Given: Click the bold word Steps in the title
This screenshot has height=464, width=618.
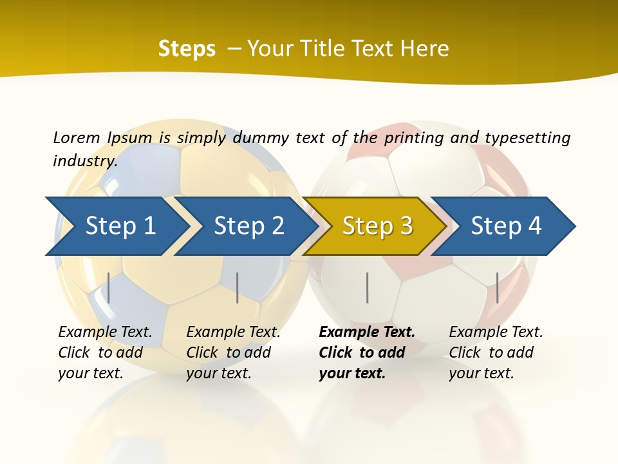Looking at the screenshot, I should point(187,49).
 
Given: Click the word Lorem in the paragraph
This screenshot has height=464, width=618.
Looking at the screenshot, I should point(77,137).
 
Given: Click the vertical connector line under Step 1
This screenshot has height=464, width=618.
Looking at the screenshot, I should point(109,287).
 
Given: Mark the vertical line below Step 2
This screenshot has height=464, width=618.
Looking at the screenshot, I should point(238,287).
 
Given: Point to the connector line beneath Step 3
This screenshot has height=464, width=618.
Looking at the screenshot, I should point(368,287).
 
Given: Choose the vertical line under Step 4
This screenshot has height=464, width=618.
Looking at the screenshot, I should point(498,287).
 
